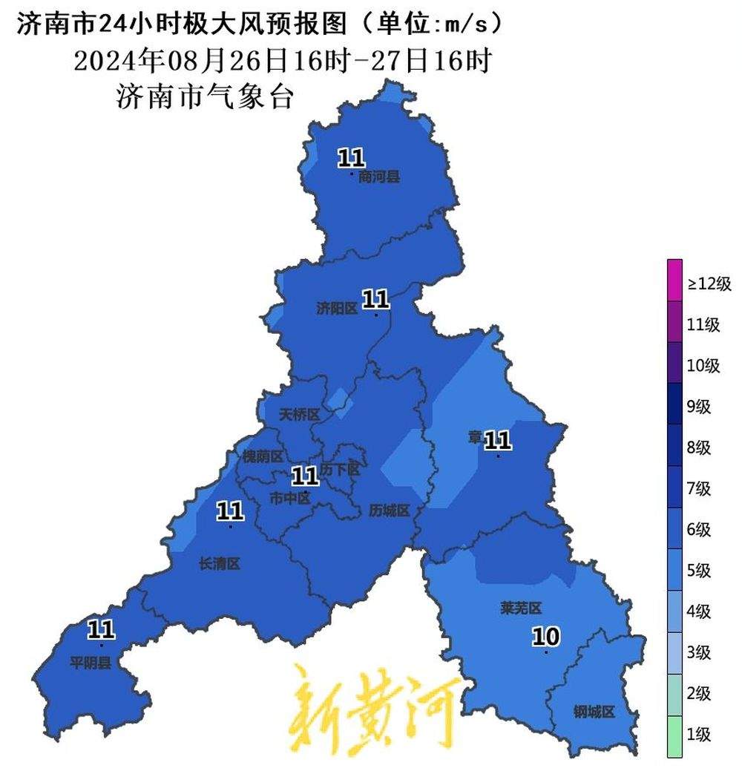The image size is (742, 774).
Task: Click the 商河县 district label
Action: (x=378, y=177)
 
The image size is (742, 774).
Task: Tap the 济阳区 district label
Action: (x=337, y=309)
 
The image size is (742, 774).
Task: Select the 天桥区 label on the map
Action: (x=298, y=416)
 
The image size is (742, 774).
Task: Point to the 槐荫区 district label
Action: (x=263, y=456)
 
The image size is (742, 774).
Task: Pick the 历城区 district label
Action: (x=390, y=511)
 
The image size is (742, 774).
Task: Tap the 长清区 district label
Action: (x=220, y=564)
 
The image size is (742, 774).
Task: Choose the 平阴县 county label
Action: (x=91, y=663)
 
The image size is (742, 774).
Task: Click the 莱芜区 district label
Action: (x=521, y=609)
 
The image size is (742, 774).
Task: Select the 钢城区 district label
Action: (x=594, y=712)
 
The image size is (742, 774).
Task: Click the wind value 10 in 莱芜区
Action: (x=546, y=636)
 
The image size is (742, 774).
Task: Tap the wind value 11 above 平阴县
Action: (x=101, y=630)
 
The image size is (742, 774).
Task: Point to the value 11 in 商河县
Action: (x=351, y=157)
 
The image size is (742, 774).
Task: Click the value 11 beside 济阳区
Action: (x=375, y=299)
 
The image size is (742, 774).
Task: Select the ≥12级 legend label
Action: (x=709, y=283)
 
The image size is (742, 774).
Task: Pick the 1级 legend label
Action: (x=699, y=735)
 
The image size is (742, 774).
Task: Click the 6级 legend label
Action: (x=699, y=529)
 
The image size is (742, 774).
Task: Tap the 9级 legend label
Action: (x=699, y=406)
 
